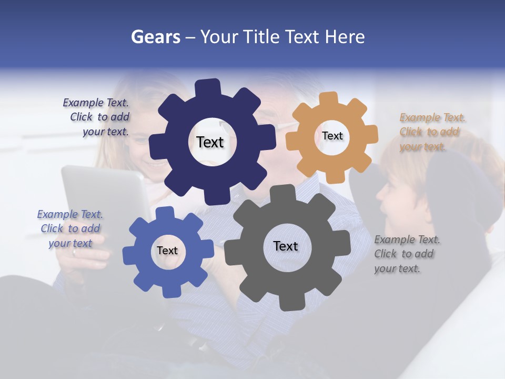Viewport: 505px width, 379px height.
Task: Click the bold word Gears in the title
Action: pos(155,37)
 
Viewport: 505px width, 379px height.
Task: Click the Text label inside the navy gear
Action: pos(210,142)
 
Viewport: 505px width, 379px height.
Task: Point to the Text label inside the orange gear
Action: pos(332,136)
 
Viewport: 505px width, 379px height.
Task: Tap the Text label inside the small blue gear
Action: pos(167,251)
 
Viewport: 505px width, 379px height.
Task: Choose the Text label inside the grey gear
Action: pos(286,246)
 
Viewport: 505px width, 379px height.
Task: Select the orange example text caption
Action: pos(432,132)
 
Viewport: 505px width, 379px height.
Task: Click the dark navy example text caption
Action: pos(97,117)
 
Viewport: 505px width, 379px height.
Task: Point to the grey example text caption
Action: pos(407,254)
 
